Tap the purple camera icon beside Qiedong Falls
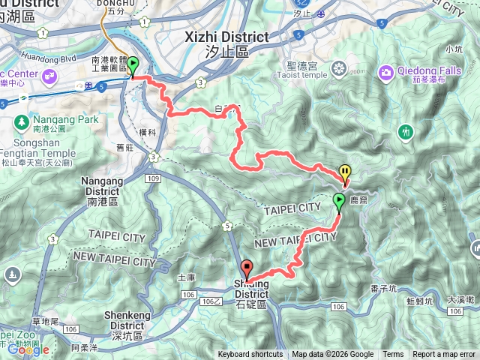(x=386, y=72)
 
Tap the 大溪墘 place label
(x=460, y=298)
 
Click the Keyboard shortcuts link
(x=250, y=355)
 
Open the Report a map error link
(x=444, y=355)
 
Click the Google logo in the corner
(x=28, y=349)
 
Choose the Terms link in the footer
(x=393, y=355)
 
